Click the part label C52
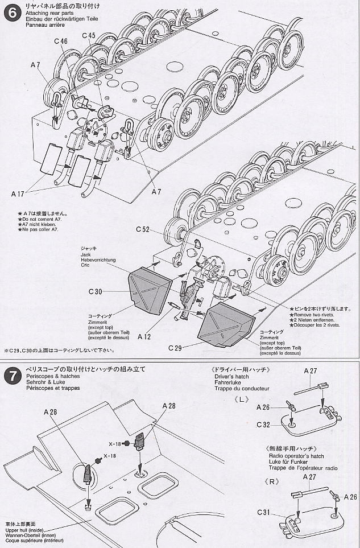click(143, 229)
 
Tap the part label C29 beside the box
click(178, 347)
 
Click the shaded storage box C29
click(227, 324)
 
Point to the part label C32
click(263, 425)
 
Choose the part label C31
click(263, 513)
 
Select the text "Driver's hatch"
click(233, 377)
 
